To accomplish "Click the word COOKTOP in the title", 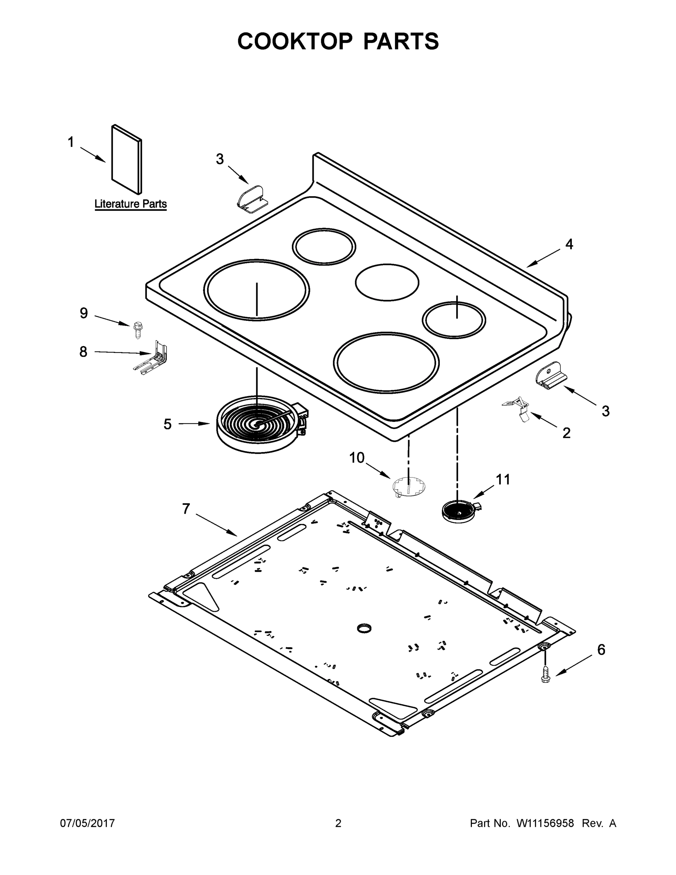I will tap(295, 41).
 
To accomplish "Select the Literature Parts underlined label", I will tap(130, 204).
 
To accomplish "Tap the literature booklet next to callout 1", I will tap(126, 159).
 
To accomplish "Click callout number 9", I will tap(84, 313).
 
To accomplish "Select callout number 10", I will tap(357, 458).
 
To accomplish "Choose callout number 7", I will tap(186, 509).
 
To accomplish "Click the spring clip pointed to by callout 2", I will tap(519, 408).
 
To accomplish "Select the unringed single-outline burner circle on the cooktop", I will tap(387, 282).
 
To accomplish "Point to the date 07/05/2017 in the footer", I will tap(87, 823).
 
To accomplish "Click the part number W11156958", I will tap(545, 823).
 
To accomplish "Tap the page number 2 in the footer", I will tap(338, 823).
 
